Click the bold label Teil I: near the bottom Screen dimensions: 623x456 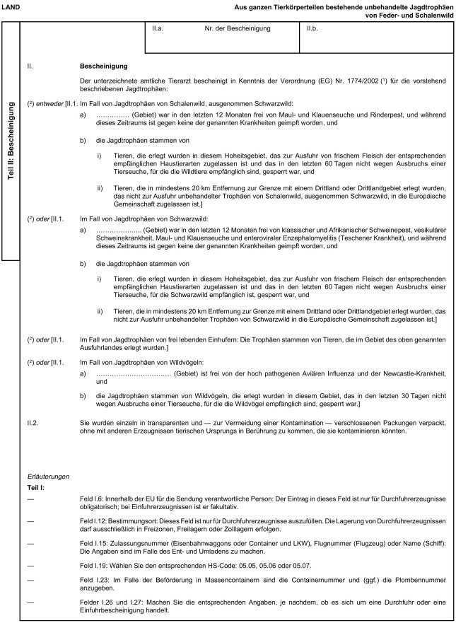(36, 488)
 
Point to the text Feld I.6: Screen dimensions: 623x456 (94, 499)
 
